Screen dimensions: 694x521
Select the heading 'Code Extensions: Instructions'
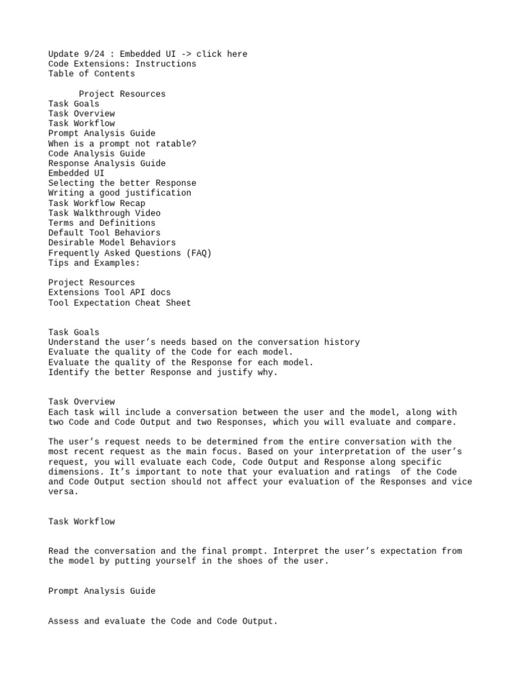(x=122, y=64)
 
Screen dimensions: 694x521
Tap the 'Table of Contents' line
(x=92, y=74)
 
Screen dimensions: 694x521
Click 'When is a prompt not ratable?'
(x=122, y=144)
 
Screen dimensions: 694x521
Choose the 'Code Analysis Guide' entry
(x=96, y=154)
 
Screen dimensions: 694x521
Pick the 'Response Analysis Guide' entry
(x=107, y=163)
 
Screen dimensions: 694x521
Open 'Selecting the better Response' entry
(x=122, y=183)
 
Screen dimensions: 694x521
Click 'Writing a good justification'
(x=119, y=193)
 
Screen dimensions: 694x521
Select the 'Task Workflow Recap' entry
(x=96, y=203)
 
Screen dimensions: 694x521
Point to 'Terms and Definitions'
(x=102, y=223)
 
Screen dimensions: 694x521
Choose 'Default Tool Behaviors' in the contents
(x=104, y=232)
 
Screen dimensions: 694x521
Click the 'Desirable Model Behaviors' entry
(x=112, y=243)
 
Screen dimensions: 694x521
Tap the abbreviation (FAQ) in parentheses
(x=199, y=253)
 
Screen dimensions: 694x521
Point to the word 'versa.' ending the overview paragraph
(x=64, y=492)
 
